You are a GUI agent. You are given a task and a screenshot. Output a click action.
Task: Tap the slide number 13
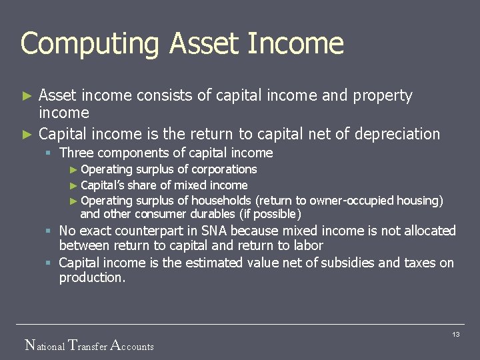[x=456, y=334]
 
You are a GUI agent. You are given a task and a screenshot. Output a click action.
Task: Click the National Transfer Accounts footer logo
[x=89, y=345]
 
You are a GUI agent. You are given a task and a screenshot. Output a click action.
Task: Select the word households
[x=221, y=201]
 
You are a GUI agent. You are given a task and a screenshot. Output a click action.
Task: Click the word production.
[x=91, y=277]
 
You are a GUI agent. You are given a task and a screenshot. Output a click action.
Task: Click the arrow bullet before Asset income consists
[x=27, y=96]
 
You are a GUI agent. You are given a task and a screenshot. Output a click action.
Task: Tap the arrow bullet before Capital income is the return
[x=27, y=134]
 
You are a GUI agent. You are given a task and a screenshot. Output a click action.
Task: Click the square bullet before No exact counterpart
[x=49, y=231]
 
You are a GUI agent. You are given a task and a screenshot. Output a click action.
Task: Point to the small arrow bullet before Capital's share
[x=74, y=185]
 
